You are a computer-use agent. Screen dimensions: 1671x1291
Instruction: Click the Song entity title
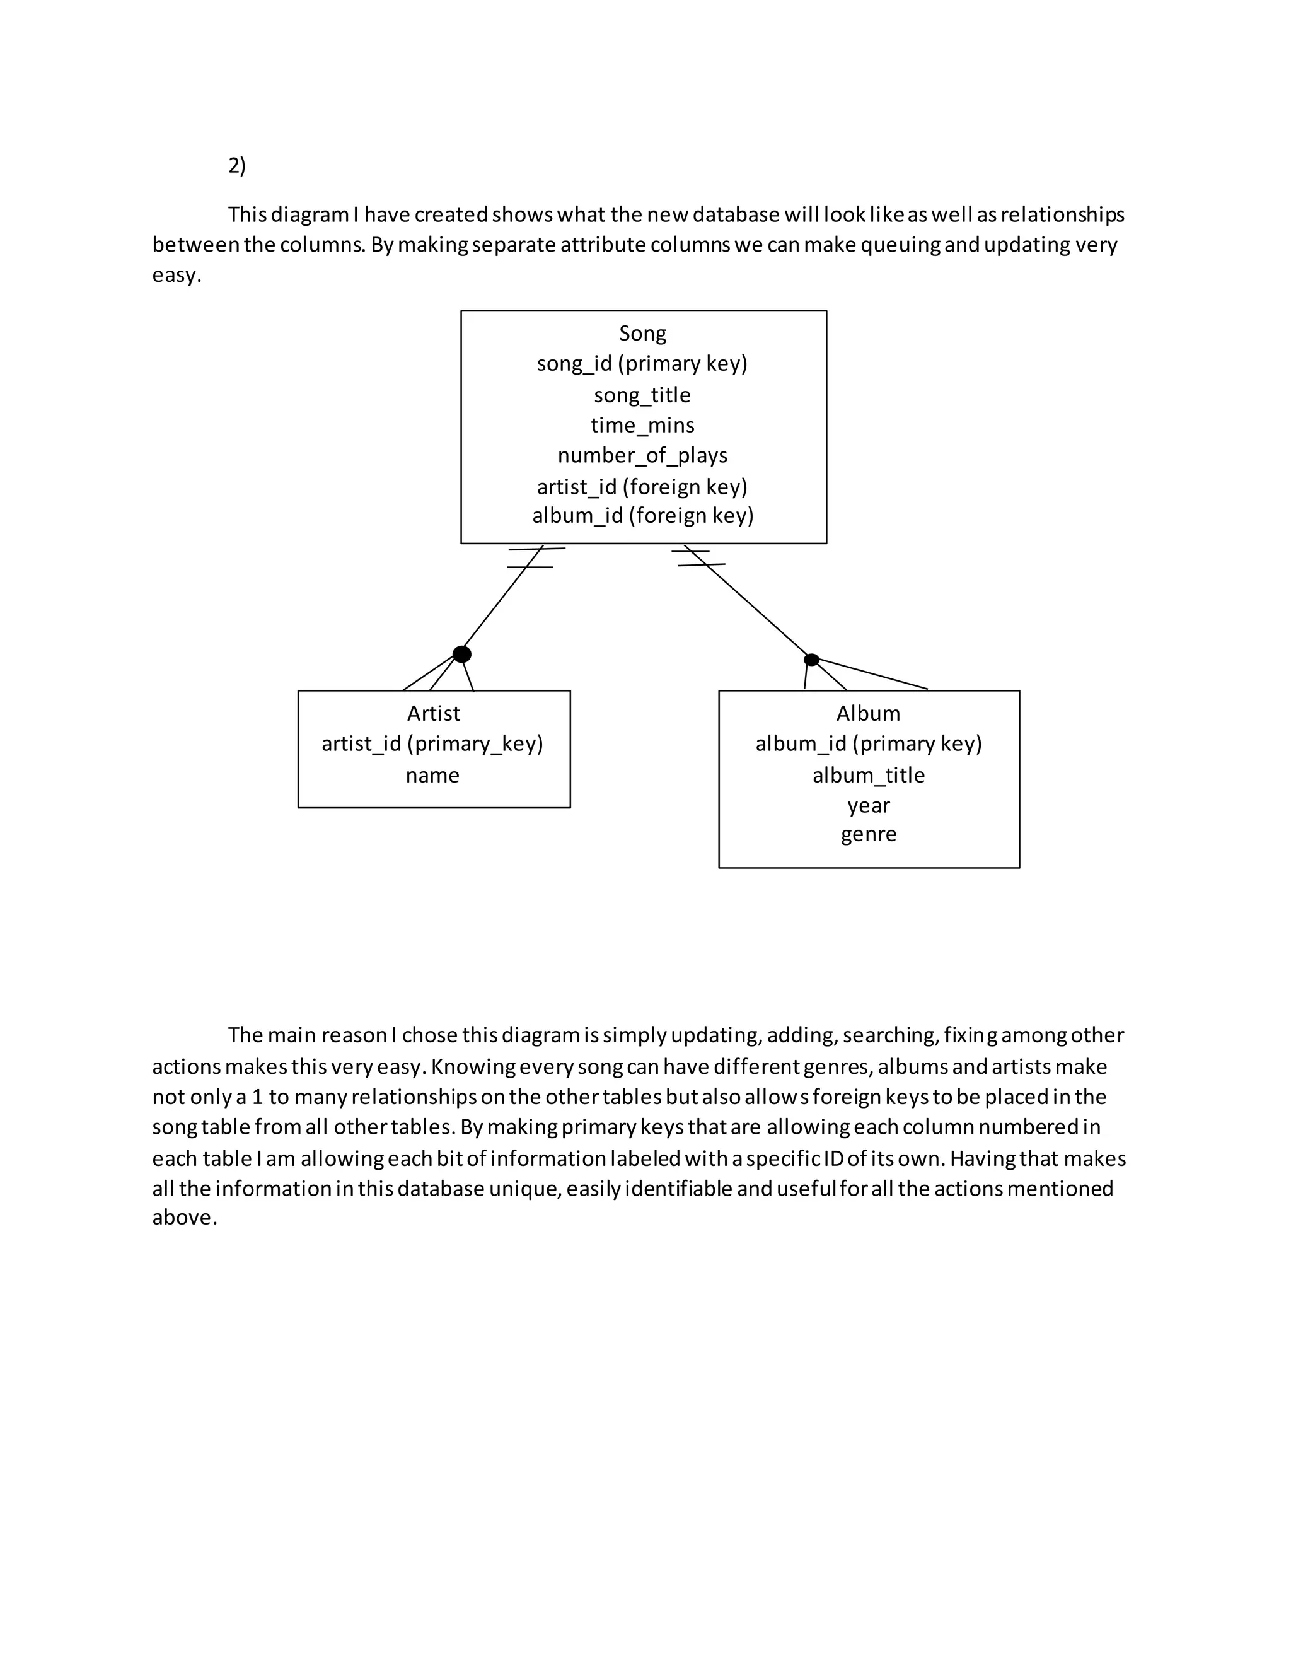(x=642, y=334)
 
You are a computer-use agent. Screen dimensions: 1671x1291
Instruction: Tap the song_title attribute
(x=642, y=395)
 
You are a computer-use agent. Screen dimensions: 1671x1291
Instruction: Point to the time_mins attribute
(x=642, y=426)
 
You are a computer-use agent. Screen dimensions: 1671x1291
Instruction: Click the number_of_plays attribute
(x=642, y=455)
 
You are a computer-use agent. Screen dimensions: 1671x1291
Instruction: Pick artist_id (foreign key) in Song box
(x=642, y=487)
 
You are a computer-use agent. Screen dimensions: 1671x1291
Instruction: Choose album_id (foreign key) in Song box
(x=642, y=516)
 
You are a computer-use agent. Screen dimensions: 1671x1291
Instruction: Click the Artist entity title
(x=434, y=714)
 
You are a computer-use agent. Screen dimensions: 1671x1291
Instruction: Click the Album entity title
(x=868, y=714)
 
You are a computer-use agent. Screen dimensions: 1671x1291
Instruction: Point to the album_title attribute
(x=868, y=775)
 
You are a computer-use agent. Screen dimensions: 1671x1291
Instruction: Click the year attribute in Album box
(x=868, y=806)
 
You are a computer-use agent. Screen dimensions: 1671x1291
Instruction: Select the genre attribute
(x=868, y=835)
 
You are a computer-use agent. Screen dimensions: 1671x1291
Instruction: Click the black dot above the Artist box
(x=462, y=654)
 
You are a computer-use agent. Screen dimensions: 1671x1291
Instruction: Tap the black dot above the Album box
(x=811, y=660)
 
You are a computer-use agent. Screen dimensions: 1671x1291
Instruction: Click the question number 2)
(x=237, y=165)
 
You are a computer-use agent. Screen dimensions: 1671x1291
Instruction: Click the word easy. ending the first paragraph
(x=177, y=275)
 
